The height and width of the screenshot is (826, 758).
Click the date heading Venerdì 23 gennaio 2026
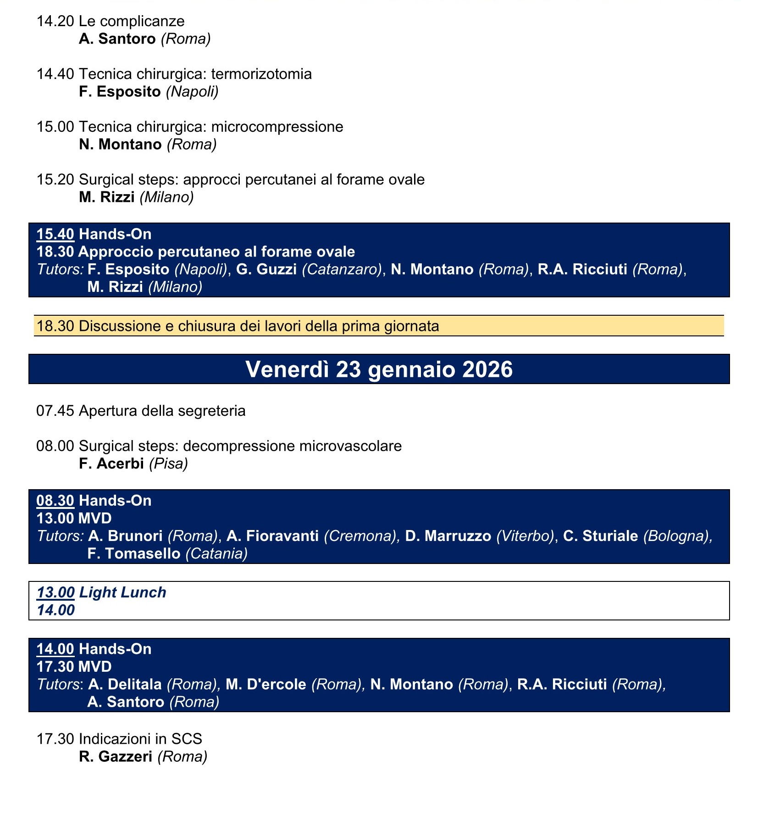pyautogui.click(x=379, y=369)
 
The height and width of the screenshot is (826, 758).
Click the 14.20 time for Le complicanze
pyautogui.click(x=55, y=22)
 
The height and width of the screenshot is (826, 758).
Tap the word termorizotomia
pyautogui.click(x=261, y=74)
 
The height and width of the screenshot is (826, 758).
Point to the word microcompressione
pyautogui.click(x=277, y=127)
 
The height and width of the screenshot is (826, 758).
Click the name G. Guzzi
pyautogui.click(x=266, y=269)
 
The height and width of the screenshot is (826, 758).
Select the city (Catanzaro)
pyautogui.click(x=342, y=269)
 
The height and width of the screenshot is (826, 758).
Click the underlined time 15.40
pyautogui.click(x=55, y=234)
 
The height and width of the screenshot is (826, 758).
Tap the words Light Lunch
pyautogui.click(x=122, y=592)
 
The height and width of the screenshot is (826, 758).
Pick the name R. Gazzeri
pyautogui.click(x=116, y=756)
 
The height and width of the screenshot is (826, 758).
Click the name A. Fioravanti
pyautogui.click(x=273, y=536)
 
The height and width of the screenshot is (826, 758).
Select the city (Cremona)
pyautogui.click(x=360, y=536)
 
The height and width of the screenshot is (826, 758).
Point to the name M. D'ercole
pyautogui.click(x=266, y=684)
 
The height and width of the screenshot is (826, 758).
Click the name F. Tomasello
pyautogui.click(x=134, y=553)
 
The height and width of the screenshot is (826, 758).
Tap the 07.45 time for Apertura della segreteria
pyautogui.click(x=55, y=411)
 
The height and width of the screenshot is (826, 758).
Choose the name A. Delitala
pyautogui.click(x=125, y=684)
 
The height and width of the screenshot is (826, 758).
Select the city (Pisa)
pyautogui.click(x=169, y=463)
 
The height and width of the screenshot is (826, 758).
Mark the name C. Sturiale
pyautogui.click(x=600, y=536)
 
